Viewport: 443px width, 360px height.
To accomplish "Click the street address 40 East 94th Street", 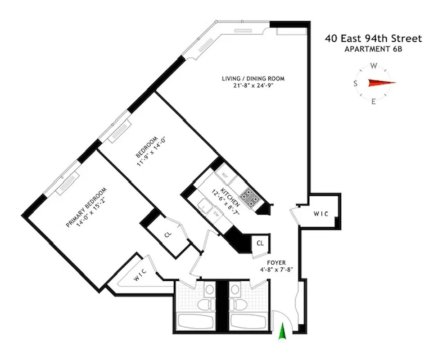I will click(373, 39).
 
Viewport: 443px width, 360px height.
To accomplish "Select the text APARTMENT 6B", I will click(373, 49).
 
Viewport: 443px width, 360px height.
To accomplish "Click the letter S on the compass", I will click(355, 83).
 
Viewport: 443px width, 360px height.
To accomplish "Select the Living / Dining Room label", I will click(253, 78).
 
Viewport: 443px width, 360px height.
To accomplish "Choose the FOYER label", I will click(276, 263).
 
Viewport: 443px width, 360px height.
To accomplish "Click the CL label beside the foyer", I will click(260, 243).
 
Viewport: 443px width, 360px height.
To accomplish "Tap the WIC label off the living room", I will click(321, 214).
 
